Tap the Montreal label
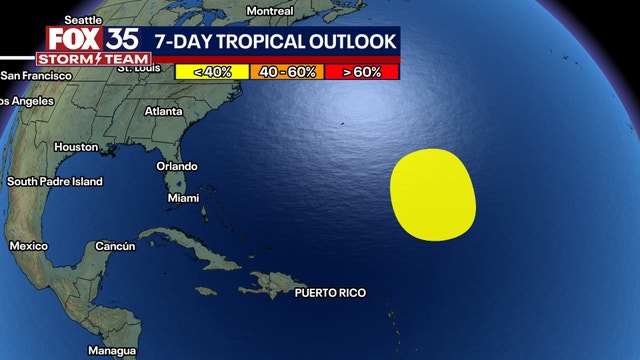[270, 11]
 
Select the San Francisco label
[36, 76]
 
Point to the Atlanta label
[164, 111]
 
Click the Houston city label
[76, 147]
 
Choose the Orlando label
[177, 166]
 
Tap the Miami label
[183, 199]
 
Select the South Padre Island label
[55, 182]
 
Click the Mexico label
[28, 246]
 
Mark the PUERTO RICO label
[330, 293]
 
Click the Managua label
[111, 351]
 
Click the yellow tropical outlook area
[432, 195]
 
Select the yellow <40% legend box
[211, 71]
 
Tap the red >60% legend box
[361, 71]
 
